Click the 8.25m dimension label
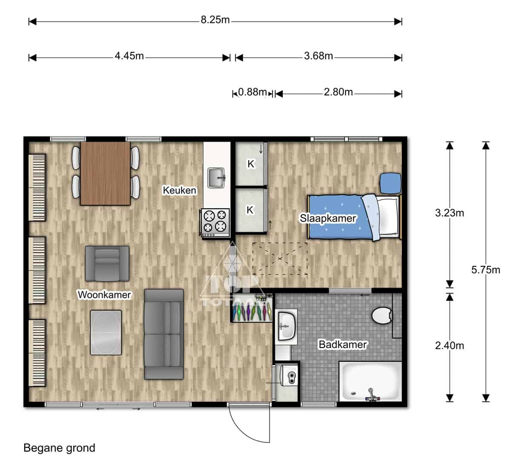pos(215,20)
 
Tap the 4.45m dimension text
pos(129,56)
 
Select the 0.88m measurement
pos(252,92)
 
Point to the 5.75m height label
pos(485,270)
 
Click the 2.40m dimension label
pos(449,345)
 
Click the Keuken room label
pos(179,190)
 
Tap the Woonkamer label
pos(104,294)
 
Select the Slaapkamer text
pos(327,219)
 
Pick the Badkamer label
pos(342,345)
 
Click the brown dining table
pos(105,173)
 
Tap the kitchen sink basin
pos(216,178)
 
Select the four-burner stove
pos(216,222)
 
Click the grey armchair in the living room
pos(107,263)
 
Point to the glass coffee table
pos(106,332)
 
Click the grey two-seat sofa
pos(164,334)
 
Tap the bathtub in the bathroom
pos(370,381)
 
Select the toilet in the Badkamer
pos(381,316)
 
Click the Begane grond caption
pos(59,448)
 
